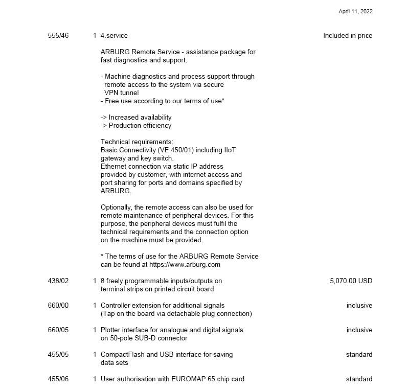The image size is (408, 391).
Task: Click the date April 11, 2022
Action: click(x=355, y=11)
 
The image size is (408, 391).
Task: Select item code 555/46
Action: click(x=58, y=36)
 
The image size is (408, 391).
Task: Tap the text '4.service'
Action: click(x=114, y=36)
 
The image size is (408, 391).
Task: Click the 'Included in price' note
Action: click(x=348, y=36)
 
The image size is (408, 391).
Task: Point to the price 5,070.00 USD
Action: click(x=351, y=281)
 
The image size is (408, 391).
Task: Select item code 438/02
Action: click(x=58, y=281)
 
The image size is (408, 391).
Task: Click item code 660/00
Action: click(x=58, y=306)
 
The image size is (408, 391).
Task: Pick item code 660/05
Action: click(x=58, y=330)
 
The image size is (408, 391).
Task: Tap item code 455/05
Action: click(x=58, y=355)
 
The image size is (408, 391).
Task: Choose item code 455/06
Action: click(x=58, y=379)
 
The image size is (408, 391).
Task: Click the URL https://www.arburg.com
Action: click(x=185, y=265)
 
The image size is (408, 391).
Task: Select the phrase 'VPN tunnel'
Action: click(x=121, y=93)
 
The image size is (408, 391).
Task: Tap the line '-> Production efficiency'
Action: click(x=136, y=126)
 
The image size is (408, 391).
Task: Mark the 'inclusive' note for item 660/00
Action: click(x=359, y=306)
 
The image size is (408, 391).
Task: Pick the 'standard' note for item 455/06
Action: click(x=359, y=379)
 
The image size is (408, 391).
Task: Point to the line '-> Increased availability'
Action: click(x=136, y=118)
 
